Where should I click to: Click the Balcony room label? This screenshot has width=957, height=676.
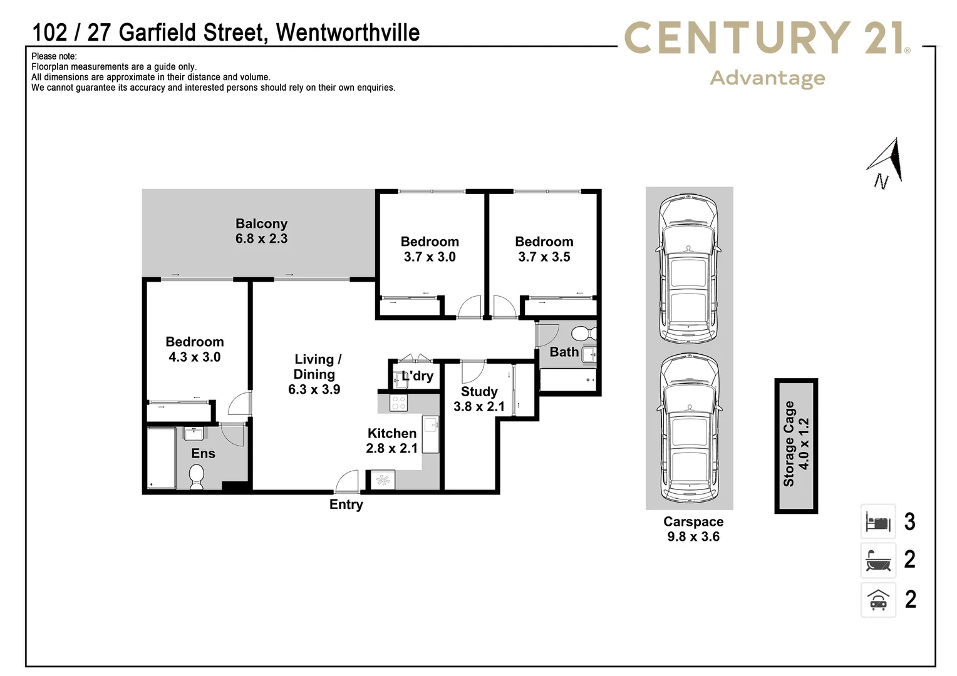[261, 223]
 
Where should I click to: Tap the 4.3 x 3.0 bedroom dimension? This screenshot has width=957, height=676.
[194, 357]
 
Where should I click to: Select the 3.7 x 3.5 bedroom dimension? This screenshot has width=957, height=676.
[544, 257]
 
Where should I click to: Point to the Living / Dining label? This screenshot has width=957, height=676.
[317, 367]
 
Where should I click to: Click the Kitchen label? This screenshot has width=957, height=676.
[391, 433]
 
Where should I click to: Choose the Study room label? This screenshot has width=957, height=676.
[479, 392]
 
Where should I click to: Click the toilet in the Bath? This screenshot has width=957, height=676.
[583, 332]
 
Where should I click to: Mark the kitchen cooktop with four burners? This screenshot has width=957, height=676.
[398, 402]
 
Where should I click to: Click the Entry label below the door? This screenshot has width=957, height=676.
[346, 504]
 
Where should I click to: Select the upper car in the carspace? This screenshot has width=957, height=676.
[688, 267]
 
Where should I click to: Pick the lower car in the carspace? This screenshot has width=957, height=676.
[689, 427]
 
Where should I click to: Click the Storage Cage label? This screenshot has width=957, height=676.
[789, 444]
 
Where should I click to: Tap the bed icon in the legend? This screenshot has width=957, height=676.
[878, 521]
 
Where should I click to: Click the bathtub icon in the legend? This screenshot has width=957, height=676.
[878, 560]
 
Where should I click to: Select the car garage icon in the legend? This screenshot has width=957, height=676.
[878, 600]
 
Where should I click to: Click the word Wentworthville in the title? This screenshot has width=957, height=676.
[348, 33]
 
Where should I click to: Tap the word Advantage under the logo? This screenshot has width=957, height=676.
[767, 78]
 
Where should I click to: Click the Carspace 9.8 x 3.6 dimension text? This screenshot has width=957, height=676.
[693, 537]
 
